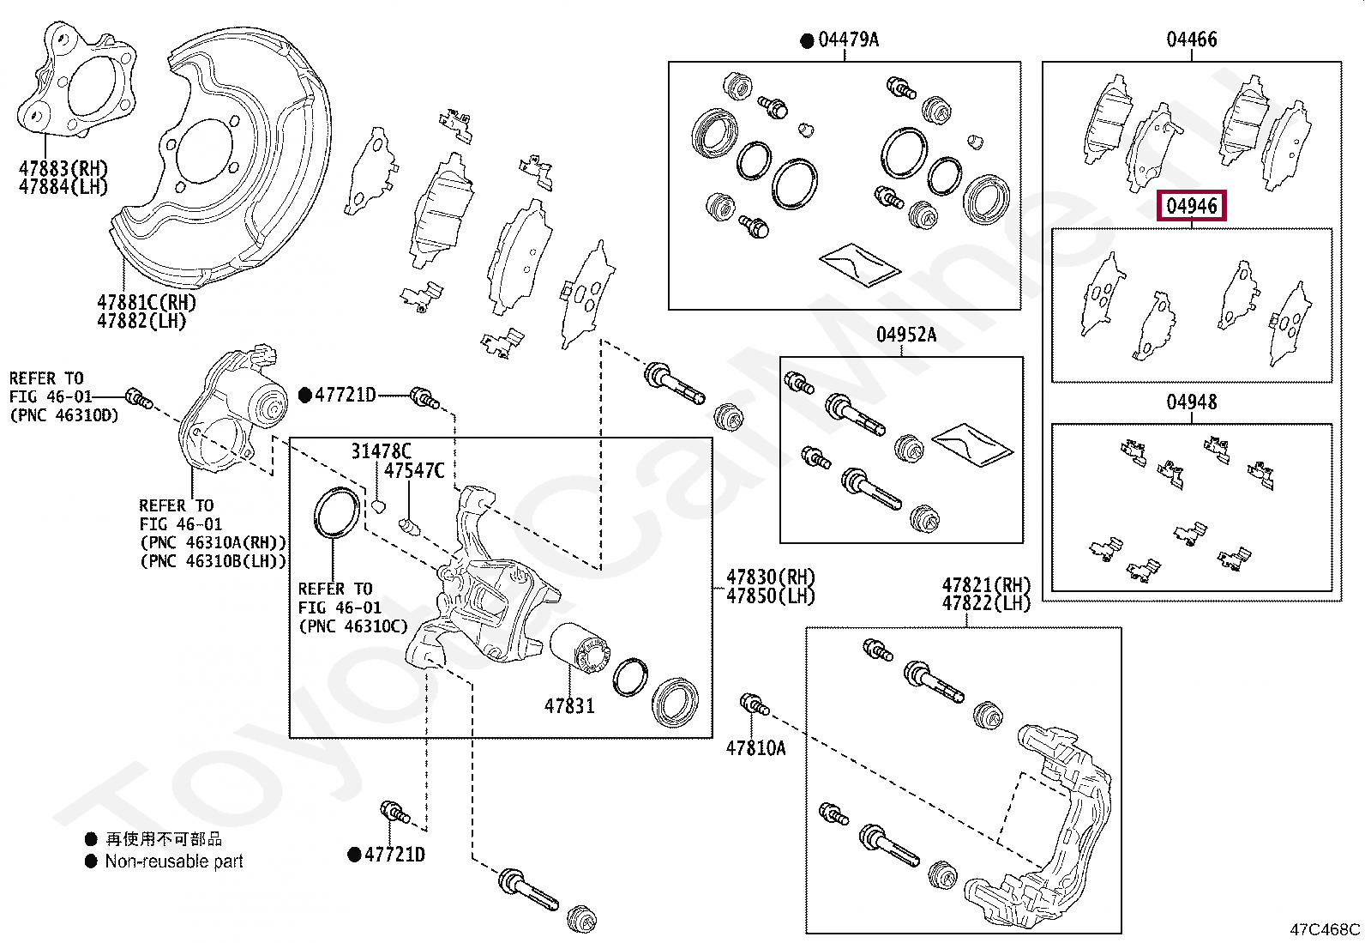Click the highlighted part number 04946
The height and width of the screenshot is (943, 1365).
click(1191, 206)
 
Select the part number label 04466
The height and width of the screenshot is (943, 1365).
click(1191, 39)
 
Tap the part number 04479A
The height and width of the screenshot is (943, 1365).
click(848, 39)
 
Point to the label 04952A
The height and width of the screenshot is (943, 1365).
click(906, 335)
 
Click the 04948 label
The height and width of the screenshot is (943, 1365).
click(1191, 402)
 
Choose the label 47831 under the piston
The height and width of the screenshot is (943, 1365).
click(569, 705)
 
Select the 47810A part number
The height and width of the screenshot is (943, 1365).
click(755, 748)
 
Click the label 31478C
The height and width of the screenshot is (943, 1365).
click(381, 451)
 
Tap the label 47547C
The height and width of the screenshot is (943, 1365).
click(414, 471)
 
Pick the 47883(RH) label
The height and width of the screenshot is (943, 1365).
click(63, 167)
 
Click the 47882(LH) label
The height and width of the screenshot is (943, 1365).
click(141, 321)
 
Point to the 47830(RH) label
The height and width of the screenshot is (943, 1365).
click(771, 577)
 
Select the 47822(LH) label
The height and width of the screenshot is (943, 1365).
click(986, 603)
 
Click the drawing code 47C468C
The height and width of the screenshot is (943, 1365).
click(1325, 929)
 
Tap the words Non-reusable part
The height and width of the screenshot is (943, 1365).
click(174, 861)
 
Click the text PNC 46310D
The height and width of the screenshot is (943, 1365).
click(70, 415)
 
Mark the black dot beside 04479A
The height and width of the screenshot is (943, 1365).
click(807, 41)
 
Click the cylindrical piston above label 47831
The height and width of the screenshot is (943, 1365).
click(579, 649)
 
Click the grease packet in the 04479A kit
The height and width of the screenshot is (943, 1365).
click(859, 265)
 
